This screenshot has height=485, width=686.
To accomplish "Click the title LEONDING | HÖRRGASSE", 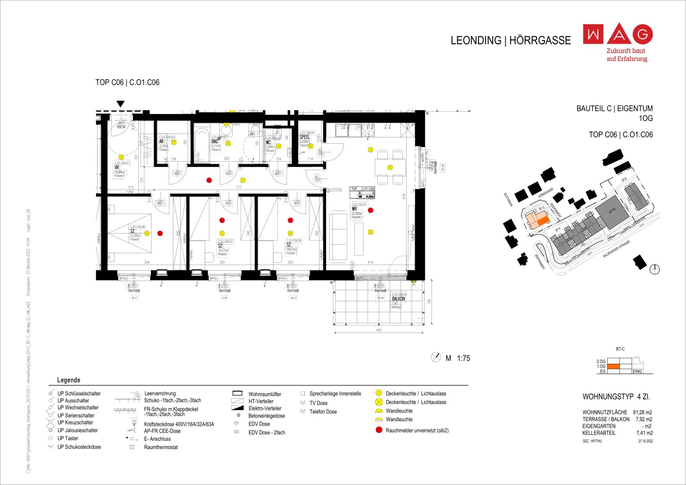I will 510,40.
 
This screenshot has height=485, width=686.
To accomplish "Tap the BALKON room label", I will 398,299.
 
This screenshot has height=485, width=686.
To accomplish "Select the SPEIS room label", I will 305,137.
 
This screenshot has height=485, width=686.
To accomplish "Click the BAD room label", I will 215,141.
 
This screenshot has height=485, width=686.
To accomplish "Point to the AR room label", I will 161,141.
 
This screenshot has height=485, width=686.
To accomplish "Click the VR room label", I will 117,168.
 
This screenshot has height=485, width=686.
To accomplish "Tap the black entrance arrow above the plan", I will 120,104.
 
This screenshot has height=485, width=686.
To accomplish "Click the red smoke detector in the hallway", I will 209,180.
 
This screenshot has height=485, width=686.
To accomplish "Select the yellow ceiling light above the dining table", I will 390,168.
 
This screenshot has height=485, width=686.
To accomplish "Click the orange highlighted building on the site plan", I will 543,221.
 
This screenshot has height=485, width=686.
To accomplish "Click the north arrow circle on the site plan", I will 655,269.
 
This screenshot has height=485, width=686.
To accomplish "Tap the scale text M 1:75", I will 457,358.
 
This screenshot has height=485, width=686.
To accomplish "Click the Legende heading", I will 69,380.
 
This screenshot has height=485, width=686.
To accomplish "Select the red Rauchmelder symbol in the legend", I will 378,430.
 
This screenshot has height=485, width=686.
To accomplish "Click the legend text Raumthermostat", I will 161,447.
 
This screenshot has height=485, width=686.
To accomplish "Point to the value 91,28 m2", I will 642,412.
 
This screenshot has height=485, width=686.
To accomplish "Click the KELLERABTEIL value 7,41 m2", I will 644,433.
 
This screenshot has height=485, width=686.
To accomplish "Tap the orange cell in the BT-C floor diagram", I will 613,366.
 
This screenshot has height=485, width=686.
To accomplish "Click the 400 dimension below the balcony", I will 378,330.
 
